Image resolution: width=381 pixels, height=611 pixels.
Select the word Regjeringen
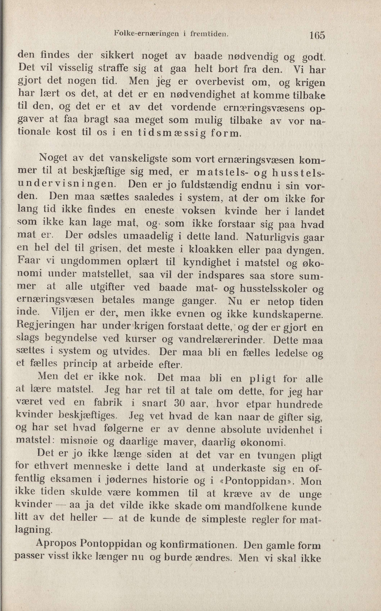(x=45, y=326)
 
